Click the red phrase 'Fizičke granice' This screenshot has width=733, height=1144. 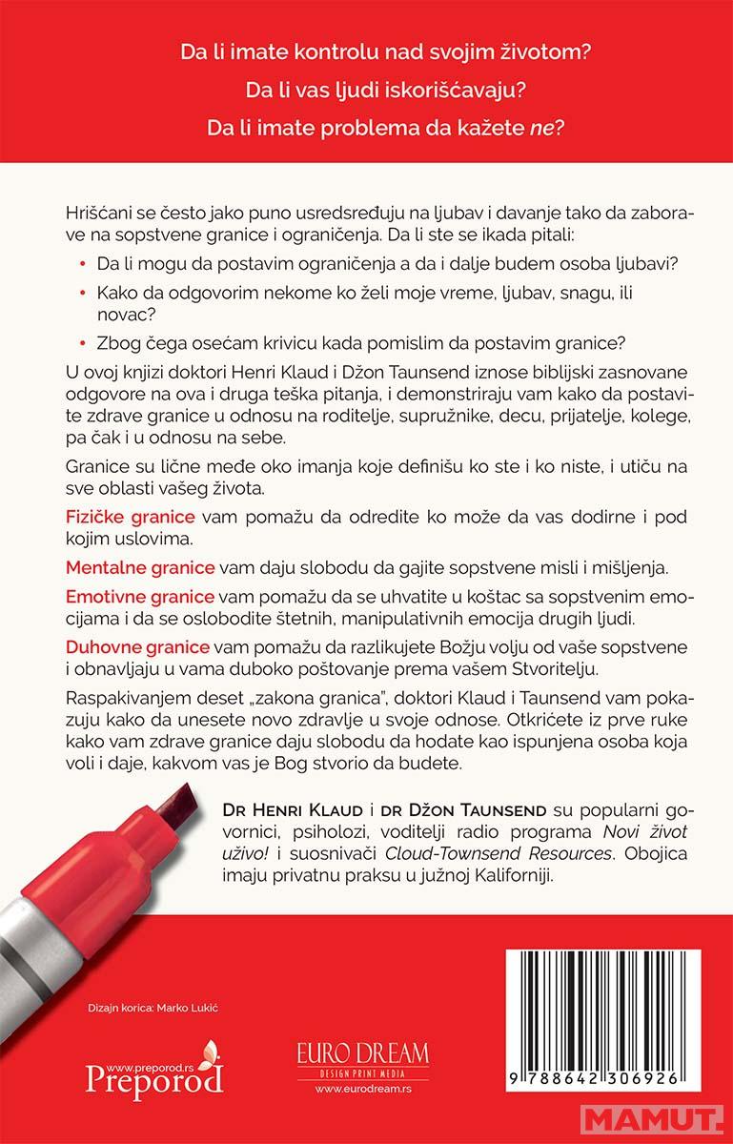pos(131,517)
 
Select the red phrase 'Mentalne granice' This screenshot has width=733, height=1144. pos(140,567)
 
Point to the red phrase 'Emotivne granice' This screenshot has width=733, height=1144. pos(140,598)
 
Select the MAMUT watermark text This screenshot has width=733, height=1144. pos(673,1119)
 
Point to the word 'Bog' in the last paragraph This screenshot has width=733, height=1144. pos(401,765)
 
